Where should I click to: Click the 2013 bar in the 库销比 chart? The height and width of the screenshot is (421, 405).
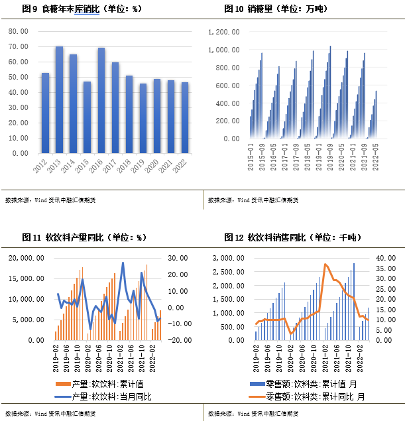tap(59, 99)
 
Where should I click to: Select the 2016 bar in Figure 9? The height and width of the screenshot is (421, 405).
tap(101, 100)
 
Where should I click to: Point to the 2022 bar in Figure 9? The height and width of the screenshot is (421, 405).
tap(186, 118)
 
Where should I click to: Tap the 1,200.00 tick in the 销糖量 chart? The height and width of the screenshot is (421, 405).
tap(223, 32)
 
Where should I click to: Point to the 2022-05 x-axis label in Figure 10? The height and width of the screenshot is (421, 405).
tap(376, 158)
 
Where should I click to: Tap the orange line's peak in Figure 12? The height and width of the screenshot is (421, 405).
tap(325, 265)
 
